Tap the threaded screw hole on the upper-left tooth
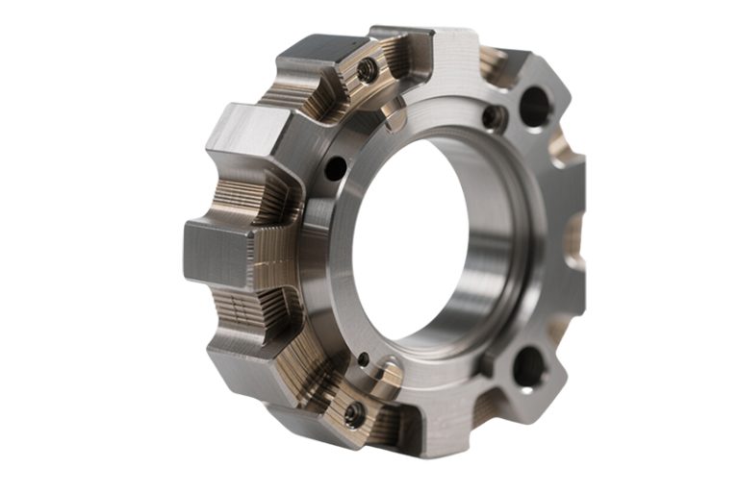coord(367,70)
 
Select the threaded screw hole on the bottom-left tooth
coord(354,415)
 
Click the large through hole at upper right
coord(535,106)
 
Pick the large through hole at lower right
coord(528,367)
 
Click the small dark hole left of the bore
coord(335,168)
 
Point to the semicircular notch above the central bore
coord(395,113)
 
